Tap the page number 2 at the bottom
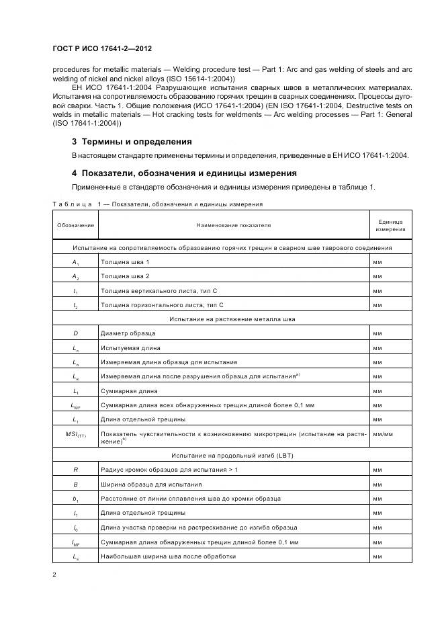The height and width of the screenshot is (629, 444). (x=54, y=575)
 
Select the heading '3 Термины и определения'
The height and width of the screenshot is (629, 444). (x=132, y=142)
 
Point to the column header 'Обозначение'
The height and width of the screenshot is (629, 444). (x=75, y=224)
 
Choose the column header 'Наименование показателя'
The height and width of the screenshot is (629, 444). (x=233, y=224)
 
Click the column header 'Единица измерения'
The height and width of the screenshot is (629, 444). (x=390, y=224)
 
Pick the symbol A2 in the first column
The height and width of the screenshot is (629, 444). (x=75, y=276)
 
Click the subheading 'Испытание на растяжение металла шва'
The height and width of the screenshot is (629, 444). (x=232, y=319)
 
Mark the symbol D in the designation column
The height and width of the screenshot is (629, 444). (x=75, y=333)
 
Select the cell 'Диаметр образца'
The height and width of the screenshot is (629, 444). (x=128, y=333)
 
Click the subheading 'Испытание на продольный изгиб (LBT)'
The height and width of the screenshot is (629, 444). (x=232, y=455)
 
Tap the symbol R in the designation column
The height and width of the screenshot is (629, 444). (x=75, y=470)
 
